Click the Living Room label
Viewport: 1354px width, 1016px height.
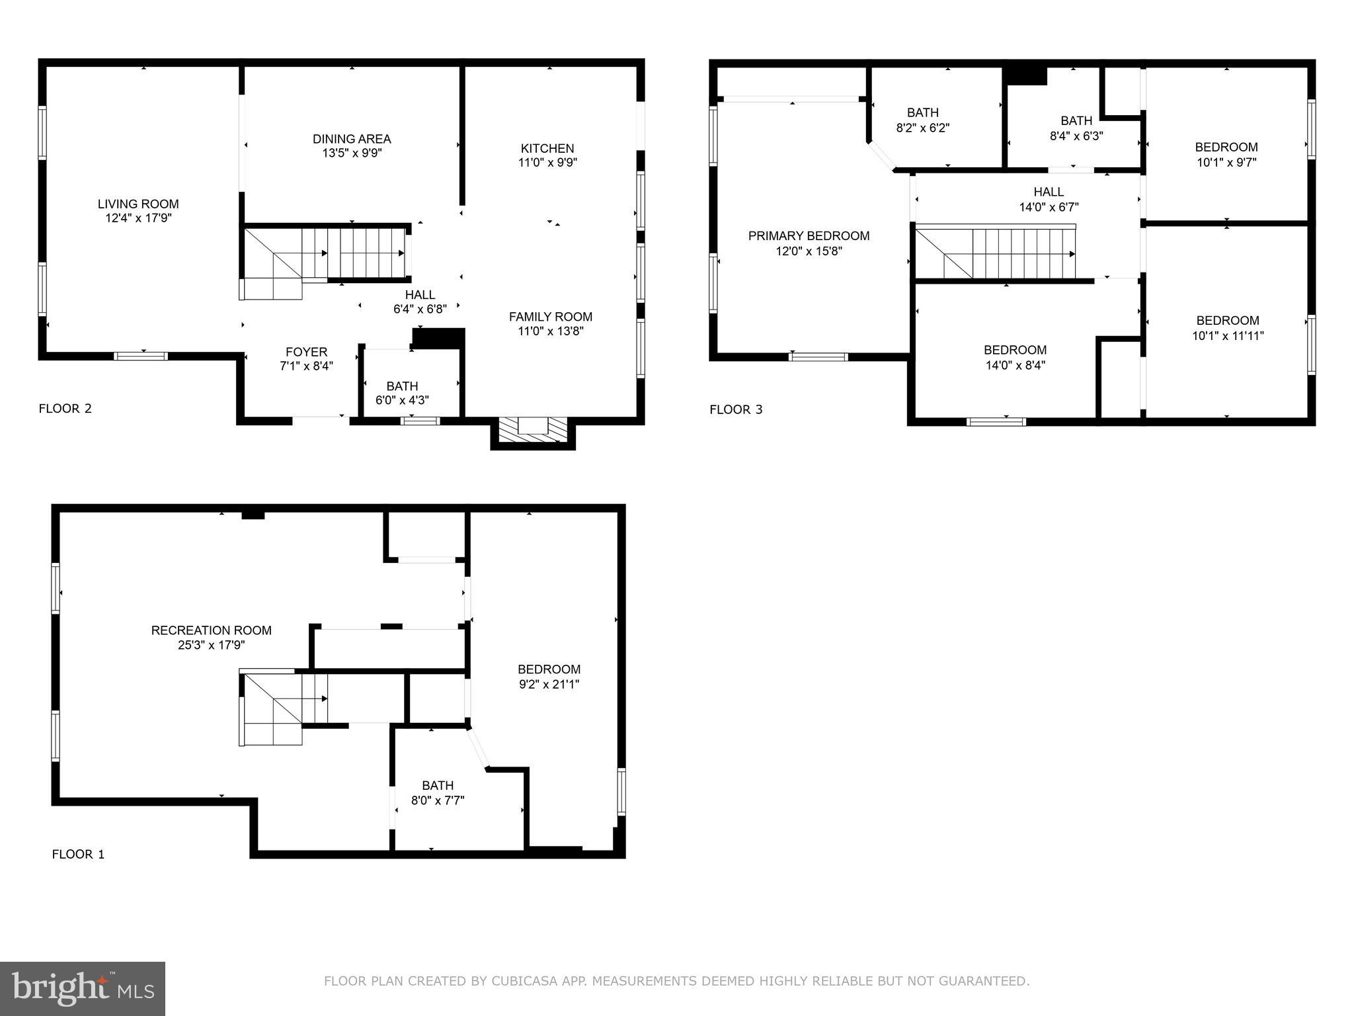(x=138, y=204)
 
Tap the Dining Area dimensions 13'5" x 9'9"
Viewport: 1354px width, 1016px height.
(x=352, y=153)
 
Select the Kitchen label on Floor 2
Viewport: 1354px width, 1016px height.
(x=547, y=148)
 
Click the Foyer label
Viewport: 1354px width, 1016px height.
(x=306, y=352)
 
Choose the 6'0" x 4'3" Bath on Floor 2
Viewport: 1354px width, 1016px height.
(x=402, y=393)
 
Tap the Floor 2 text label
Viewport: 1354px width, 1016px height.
(x=65, y=409)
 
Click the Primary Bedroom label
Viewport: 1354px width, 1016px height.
(x=809, y=236)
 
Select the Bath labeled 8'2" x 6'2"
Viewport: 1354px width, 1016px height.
(x=923, y=120)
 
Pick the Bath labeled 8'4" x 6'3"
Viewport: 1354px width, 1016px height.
(x=1076, y=128)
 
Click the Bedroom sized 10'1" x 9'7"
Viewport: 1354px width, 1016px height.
(x=1226, y=155)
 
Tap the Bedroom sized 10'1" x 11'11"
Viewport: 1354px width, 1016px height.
(x=1228, y=328)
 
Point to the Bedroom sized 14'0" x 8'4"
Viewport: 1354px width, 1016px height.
(x=1015, y=357)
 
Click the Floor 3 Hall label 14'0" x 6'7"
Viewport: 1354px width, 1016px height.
(x=1049, y=199)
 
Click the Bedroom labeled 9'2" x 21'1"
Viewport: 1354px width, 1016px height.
(x=549, y=677)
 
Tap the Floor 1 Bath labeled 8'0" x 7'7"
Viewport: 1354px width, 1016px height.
(x=438, y=792)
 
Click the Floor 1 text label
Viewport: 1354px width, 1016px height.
(x=78, y=854)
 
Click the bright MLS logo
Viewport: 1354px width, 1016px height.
(x=83, y=988)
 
